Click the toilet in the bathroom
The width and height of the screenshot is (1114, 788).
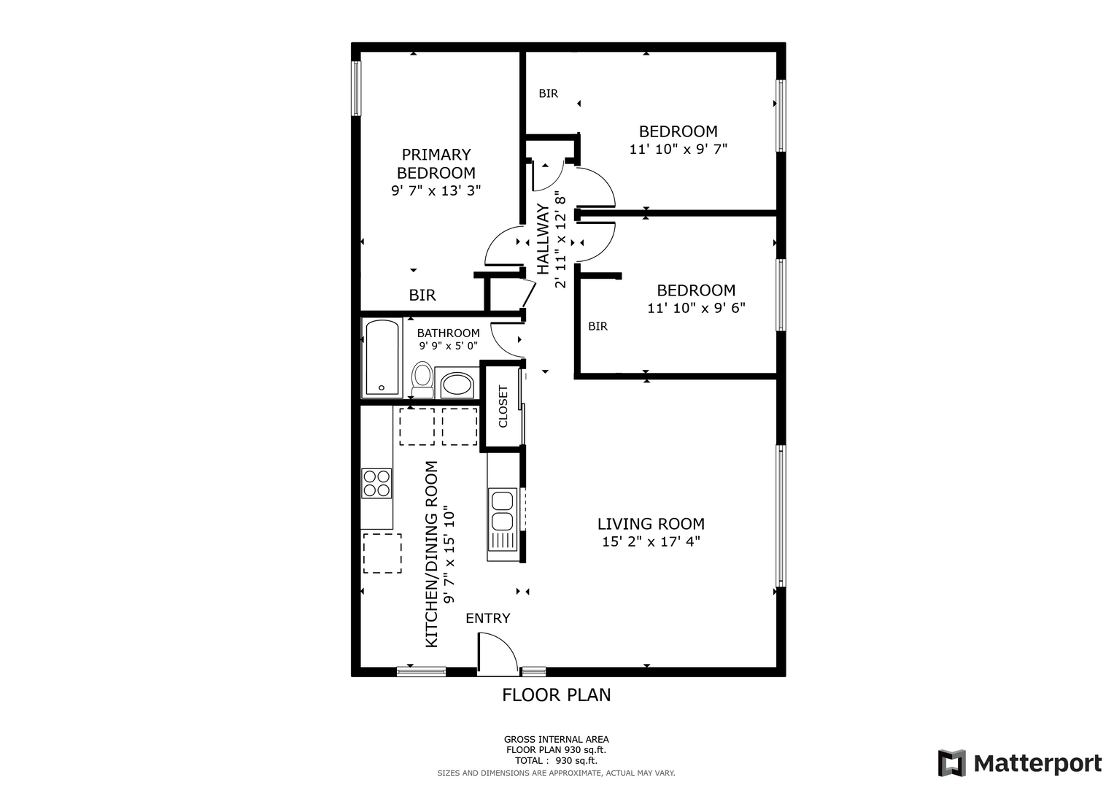click(422, 379)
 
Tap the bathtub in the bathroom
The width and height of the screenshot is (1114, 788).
click(382, 358)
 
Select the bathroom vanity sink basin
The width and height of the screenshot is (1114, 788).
click(457, 384)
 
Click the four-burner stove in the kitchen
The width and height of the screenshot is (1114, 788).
click(376, 483)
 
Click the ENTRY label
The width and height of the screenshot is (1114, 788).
click(488, 619)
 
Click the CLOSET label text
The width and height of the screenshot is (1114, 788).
click(503, 406)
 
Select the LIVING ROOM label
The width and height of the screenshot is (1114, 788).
click(651, 524)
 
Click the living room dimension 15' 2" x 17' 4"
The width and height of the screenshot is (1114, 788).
click(651, 541)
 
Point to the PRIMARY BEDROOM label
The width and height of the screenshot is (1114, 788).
click(436, 163)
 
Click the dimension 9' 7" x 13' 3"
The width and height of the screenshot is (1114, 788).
click(436, 190)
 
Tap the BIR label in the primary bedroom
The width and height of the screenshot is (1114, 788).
click(422, 295)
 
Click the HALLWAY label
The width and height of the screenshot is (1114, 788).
click(543, 239)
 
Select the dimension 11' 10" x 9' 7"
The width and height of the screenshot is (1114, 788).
click(678, 149)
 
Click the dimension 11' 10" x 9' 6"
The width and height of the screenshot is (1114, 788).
click(696, 308)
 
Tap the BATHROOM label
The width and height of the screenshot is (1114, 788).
click(448, 333)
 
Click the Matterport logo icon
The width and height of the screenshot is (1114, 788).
click(952, 763)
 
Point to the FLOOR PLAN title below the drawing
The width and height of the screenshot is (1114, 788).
click(557, 695)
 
